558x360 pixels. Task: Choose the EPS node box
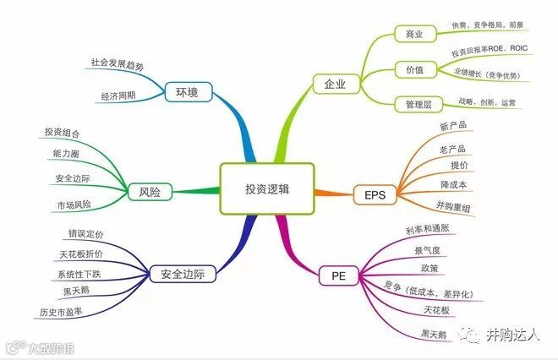[x=375, y=195]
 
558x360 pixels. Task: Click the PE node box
[x=338, y=275]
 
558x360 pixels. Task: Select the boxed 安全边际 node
[x=183, y=274]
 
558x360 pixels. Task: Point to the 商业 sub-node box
[x=414, y=35]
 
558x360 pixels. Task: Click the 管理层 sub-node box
[x=414, y=104]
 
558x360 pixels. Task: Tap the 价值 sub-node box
[x=414, y=69]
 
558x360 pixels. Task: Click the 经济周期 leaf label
[x=118, y=95]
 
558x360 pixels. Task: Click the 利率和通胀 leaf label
[x=429, y=230]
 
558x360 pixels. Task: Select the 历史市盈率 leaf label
[x=62, y=312]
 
